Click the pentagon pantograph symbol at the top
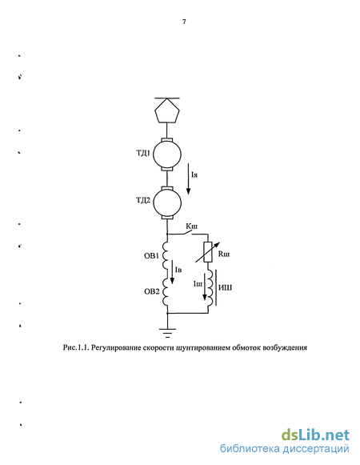(x=167, y=110)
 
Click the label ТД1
(x=143, y=154)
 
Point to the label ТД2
(x=143, y=200)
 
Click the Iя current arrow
(x=188, y=178)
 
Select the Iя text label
(x=194, y=175)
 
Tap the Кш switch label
(x=191, y=226)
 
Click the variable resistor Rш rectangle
(x=208, y=252)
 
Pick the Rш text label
(x=224, y=255)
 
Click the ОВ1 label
(x=152, y=255)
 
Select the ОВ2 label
(x=152, y=291)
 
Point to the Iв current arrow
(x=172, y=272)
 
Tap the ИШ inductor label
(x=225, y=287)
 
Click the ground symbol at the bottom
(x=167, y=333)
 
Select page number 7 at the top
(x=184, y=22)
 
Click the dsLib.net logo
(x=315, y=435)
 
